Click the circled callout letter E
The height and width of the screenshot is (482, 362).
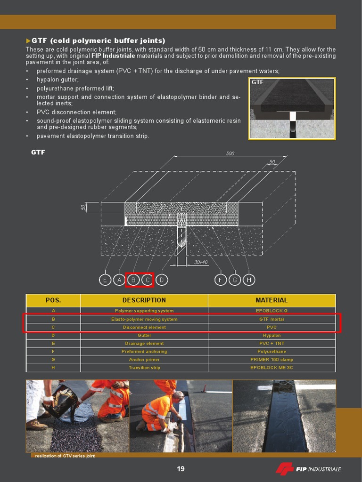(x=105, y=280)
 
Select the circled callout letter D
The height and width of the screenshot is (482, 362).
(x=162, y=280)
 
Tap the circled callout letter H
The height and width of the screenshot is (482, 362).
(x=249, y=280)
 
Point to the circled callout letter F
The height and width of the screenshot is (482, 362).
(x=220, y=280)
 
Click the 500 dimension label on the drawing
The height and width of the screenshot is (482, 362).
(x=230, y=153)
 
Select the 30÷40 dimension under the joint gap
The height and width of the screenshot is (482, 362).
(x=201, y=262)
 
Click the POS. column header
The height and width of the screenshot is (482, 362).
(x=53, y=300)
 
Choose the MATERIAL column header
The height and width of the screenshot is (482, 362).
(x=271, y=300)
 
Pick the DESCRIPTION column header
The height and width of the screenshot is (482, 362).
(x=144, y=300)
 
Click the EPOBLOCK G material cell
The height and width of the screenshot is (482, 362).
(x=271, y=311)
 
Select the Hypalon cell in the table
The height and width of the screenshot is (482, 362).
(x=271, y=336)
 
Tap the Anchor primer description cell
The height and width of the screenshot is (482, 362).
(x=144, y=360)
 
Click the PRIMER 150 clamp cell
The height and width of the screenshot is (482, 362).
(x=271, y=360)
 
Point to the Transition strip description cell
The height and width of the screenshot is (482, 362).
(x=144, y=368)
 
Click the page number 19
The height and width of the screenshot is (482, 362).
(x=181, y=468)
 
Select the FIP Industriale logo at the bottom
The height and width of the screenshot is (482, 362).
(x=308, y=469)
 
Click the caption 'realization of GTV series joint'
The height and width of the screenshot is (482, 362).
(x=65, y=456)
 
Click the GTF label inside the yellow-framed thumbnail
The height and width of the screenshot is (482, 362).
(x=257, y=82)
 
